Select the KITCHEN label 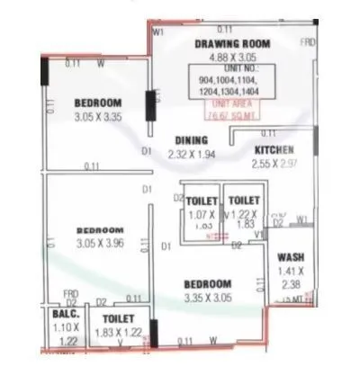(x=274, y=149)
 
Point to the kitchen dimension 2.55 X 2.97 (x=274, y=164)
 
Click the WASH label (x=290, y=257)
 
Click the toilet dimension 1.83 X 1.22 (x=119, y=332)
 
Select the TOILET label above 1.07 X (x=201, y=201)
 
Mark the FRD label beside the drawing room (x=307, y=42)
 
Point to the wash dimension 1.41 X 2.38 (x=290, y=278)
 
